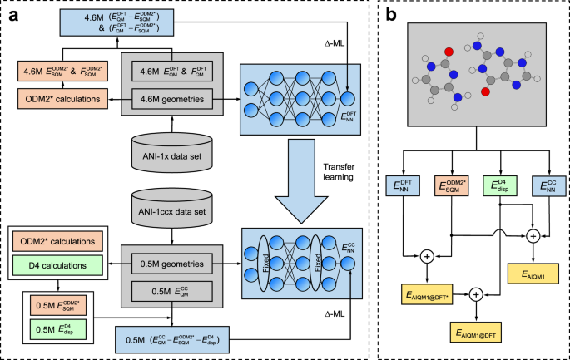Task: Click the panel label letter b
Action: [392, 15]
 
